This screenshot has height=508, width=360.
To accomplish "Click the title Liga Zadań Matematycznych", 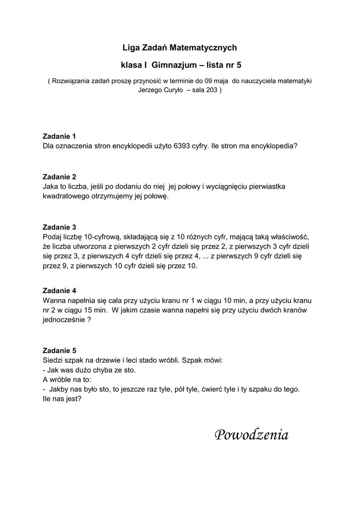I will (180, 48).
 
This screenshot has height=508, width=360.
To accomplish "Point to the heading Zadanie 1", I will (60, 136).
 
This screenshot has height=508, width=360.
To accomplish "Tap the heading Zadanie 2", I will (60, 177).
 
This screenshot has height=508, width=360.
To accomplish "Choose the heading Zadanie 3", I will (60, 227).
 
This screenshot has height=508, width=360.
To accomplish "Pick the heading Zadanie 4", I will (60, 290).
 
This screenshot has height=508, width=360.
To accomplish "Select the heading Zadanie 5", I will (60, 350).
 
